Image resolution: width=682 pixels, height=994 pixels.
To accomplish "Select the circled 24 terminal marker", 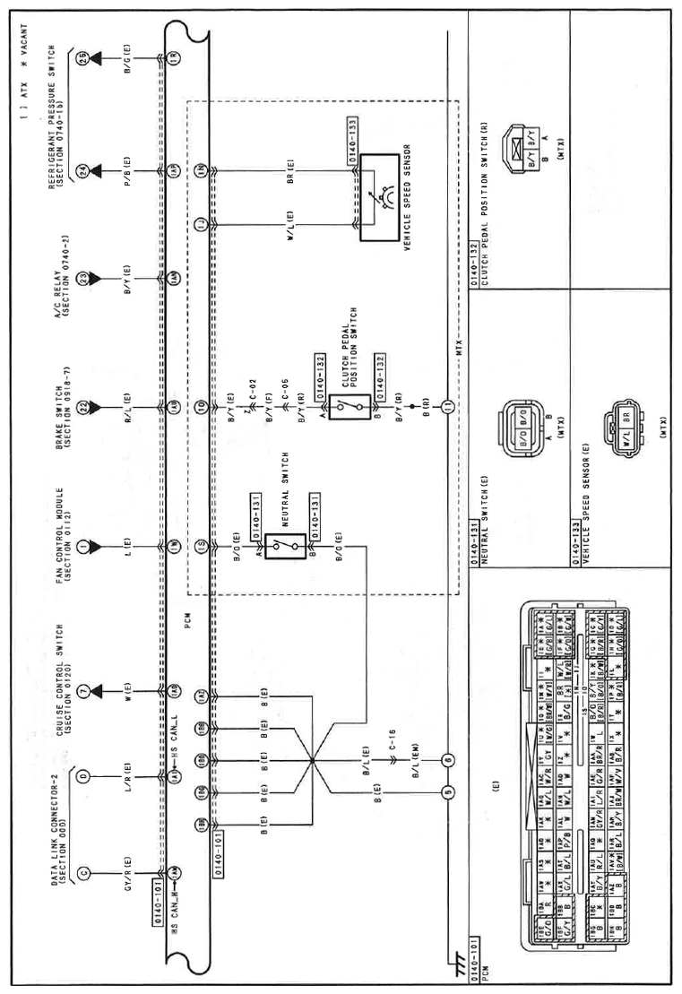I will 82,169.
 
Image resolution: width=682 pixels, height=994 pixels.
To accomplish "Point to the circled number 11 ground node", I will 447,410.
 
